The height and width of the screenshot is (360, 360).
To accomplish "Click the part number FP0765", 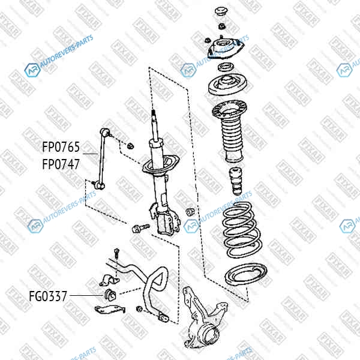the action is [x=61, y=147].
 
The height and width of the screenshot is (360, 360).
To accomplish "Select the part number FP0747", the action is [x=61, y=164].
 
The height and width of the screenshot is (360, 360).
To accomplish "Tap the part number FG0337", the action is [x=48, y=296].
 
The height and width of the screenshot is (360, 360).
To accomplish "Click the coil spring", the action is [x=242, y=230].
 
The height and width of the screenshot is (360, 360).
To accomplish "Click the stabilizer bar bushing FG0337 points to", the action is [x=110, y=295].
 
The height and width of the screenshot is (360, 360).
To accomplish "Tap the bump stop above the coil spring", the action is [x=236, y=181].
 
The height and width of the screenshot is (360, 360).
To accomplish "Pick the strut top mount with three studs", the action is [x=226, y=48].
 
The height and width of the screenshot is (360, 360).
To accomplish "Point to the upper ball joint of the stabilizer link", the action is [x=105, y=132].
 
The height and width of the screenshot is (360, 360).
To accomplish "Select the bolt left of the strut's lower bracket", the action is [x=140, y=229].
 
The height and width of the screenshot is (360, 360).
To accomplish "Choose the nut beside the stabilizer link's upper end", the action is [x=130, y=146].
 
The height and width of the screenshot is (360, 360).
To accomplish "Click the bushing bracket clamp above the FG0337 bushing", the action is [x=109, y=280].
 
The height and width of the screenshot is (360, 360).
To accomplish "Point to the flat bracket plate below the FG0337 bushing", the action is [x=110, y=309].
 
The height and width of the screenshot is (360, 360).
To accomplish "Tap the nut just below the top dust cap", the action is [x=222, y=26].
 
